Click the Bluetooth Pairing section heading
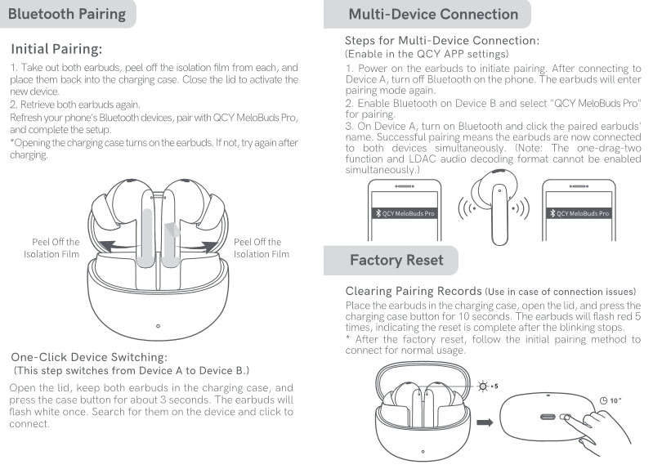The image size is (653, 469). click(x=67, y=14)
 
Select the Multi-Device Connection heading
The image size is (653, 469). click(x=432, y=14)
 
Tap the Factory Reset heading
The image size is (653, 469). click(x=396, y=260)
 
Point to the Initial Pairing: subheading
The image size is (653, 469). click(x=56, y=49)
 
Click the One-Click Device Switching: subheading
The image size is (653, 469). click(x=89, y=357)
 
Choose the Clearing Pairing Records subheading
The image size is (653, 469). click(x=414, y=291)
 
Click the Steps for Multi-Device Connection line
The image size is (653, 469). click(x=442, y=40)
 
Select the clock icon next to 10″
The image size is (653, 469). click(x=602, y=400)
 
